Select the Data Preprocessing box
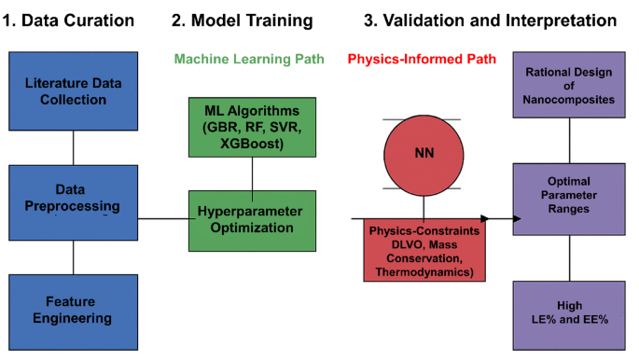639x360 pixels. click(73, 197)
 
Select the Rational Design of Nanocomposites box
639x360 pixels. click(570, 87)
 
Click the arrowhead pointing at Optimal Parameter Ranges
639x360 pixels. click(511, 219)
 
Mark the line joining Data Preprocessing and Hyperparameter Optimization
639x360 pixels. click(164, 219)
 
